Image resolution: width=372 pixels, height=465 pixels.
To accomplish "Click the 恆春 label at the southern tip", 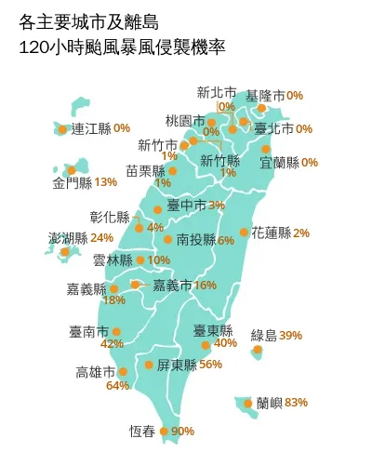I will pyautogui.click(x=142, y=431).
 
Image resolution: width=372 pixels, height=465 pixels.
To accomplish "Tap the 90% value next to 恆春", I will pyautogui.click(x=183, y=431).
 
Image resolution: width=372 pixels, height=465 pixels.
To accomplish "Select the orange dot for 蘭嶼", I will pyautogui.click(x=248, y=403).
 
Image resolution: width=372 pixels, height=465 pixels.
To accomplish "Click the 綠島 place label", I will pyautogui.click(x=264, y=335).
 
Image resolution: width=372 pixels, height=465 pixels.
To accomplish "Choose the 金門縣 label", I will pyautogui.click(x=72, y=181).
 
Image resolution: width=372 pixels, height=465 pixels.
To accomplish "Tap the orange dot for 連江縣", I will pyautogui.click(x=62, y=129).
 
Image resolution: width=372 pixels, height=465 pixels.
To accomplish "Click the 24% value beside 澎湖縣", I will pyautogui.click(x=102, y=238).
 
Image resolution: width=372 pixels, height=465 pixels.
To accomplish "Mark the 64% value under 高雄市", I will pyautogui.click(x=117, y=385).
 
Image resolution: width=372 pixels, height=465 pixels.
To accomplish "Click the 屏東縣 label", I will pyautogui.click(x=176, y=364).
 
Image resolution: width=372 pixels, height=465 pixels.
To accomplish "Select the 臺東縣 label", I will pyautogui.click(x=213, y=330).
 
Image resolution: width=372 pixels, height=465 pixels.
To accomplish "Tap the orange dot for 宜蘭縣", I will pyautogui.click(x=266, y=149).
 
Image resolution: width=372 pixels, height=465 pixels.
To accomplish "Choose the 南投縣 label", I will pyautogui.click(x=195, y=240).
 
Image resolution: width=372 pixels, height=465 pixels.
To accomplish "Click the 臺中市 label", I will pyautogui.click(x=186, y=205).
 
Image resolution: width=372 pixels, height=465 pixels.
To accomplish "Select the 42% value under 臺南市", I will pyautogui.click(x=112, y=344).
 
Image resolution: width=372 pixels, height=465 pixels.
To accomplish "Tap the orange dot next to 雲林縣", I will pyautogui.click(x=140, y=260).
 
